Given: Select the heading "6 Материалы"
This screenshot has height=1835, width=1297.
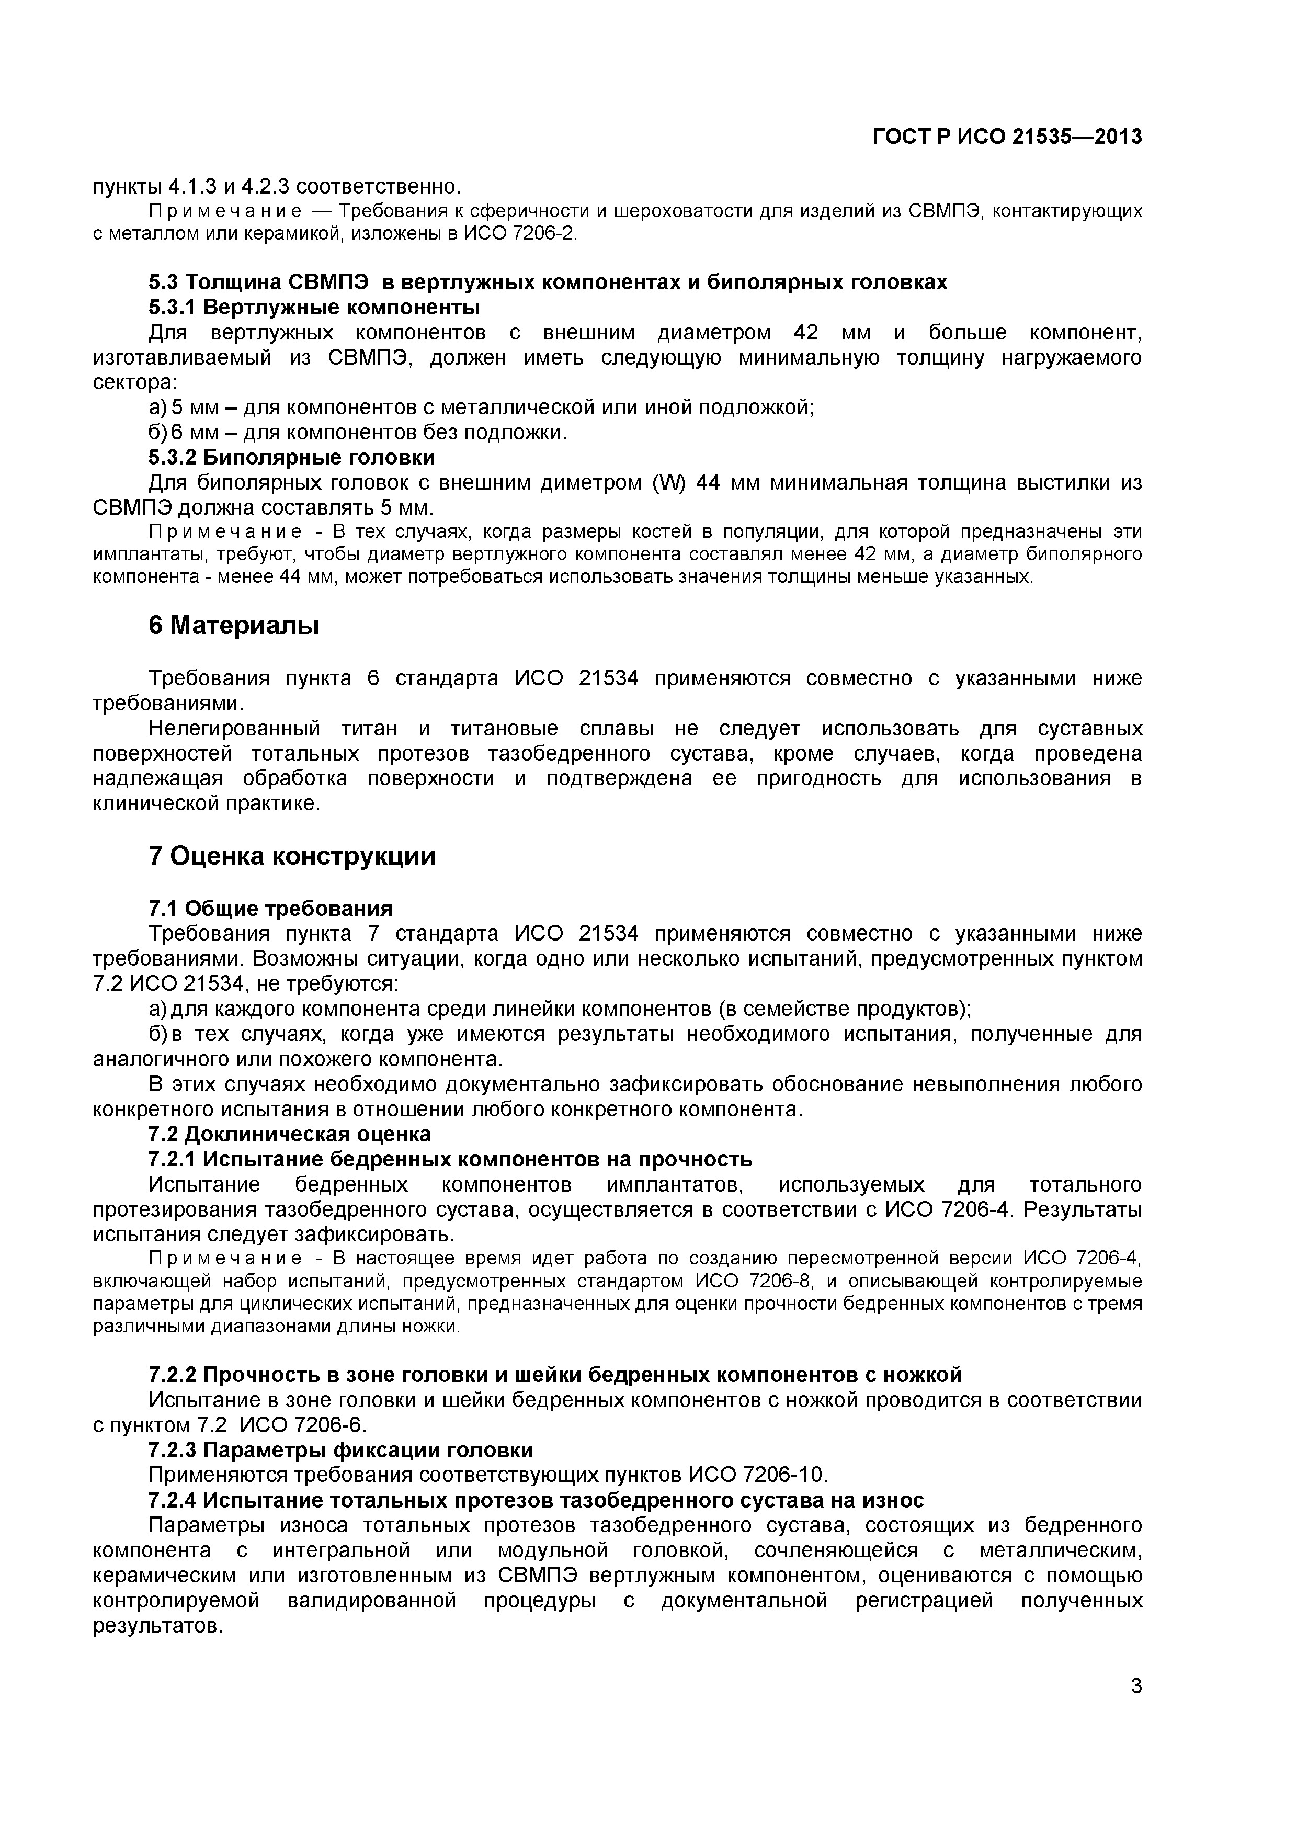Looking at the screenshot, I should tap(233, 626).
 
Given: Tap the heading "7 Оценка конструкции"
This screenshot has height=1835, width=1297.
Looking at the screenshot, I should tap(292, 857).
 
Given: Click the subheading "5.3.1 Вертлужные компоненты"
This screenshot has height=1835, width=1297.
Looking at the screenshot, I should tap(314, 307).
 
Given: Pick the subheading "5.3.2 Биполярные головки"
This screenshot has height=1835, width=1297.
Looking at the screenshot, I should tap(292, 457).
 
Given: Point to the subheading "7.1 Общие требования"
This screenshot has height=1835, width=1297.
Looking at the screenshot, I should tap(270, 909).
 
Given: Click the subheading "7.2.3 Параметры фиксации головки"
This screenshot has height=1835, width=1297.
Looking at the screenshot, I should tap(340, 1450).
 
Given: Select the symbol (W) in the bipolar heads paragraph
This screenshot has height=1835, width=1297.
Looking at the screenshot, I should tap(668, 483).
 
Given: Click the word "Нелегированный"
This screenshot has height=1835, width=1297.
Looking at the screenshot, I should tap(234, 728).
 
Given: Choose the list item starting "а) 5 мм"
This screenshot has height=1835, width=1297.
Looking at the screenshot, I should tap(481, 407).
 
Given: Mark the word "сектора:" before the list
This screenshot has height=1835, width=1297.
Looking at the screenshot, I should tap(134, 383).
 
